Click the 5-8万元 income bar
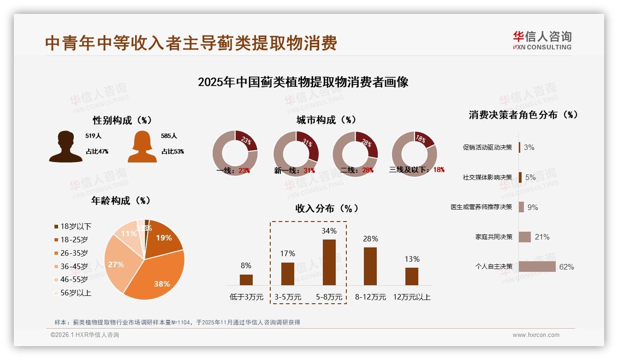click(x=329, y=262)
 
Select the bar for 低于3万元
click(x=246, y=280)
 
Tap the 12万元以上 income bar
click(x=412, y=276)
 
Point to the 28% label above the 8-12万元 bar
click(x=370, y=239)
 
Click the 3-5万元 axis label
click(x=288, y=297)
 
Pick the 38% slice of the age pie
click(x=157, y=272)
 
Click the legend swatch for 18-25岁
click(x=56, y=240)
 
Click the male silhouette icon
click(x=65, y=146)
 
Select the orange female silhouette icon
click(x=142, y=146)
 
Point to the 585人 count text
click(x=169, y=136)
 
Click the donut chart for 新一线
click(x=296, y=154)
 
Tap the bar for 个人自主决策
click(x=537, y=267)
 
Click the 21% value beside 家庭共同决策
click(x=542, y=237)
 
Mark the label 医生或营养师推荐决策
click(x=481, y=207)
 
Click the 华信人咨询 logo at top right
click(x=542, y=40)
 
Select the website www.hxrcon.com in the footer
click(x=536, y=335)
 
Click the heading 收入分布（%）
click(x=327, y=208)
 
